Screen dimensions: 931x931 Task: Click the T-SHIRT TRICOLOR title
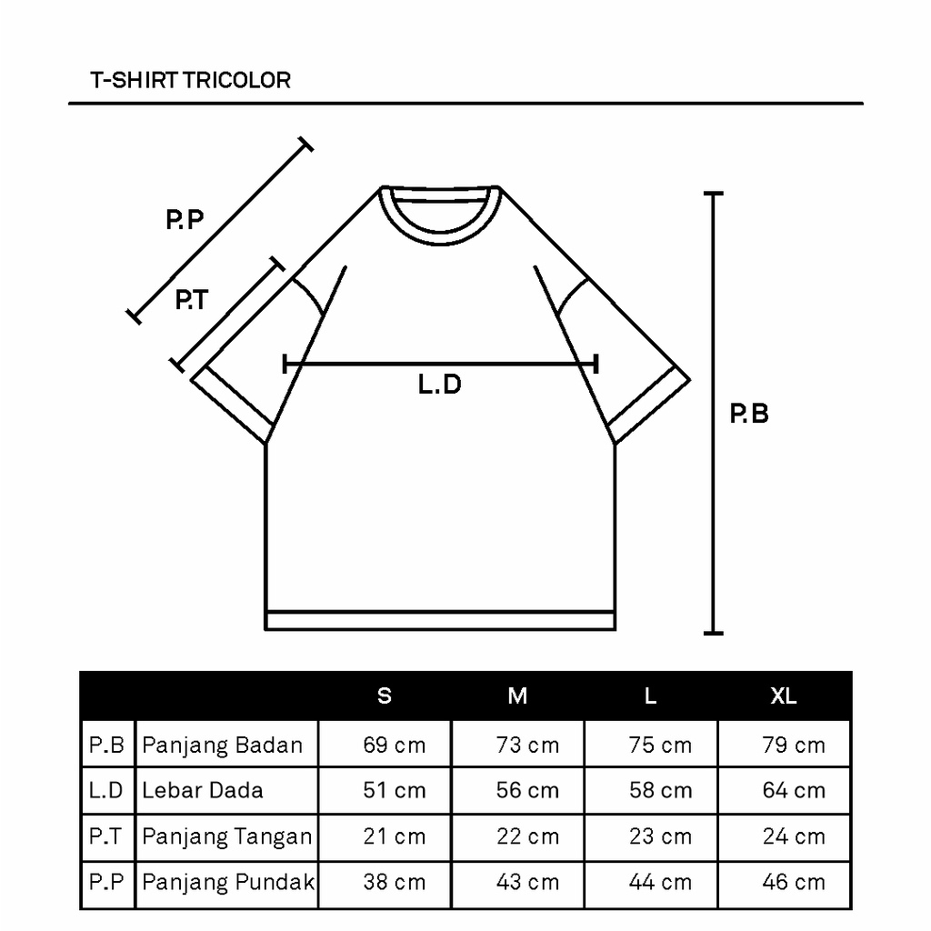(x=191, y=80)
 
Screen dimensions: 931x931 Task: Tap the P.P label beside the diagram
(x=185, y=220)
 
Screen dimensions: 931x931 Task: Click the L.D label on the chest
(x=440, y=385)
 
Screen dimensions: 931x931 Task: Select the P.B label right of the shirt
(x=750, y=415)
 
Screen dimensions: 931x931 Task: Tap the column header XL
(x=784, y=696)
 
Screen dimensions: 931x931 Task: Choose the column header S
(x=385, y=696)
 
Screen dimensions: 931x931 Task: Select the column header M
(x=517, y=696)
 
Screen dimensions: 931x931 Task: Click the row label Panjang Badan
(x=223, y=746)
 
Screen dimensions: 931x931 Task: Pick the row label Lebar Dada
(x=203, y=790)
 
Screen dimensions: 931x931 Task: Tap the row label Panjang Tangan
(x=227, y=836)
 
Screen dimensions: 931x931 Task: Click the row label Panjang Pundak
(x=228, y=882)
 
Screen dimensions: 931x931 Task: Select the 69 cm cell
(x=395, y=746)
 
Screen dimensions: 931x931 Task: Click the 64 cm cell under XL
(x=794, y=790)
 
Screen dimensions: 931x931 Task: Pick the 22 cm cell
(x=527, y=836)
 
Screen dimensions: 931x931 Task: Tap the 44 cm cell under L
(x=660, y=882)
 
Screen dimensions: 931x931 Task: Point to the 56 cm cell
(x=527, y=790)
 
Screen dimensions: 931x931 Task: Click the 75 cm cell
(x=660, y=746)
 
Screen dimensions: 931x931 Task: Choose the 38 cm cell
(x=395, y=882)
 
